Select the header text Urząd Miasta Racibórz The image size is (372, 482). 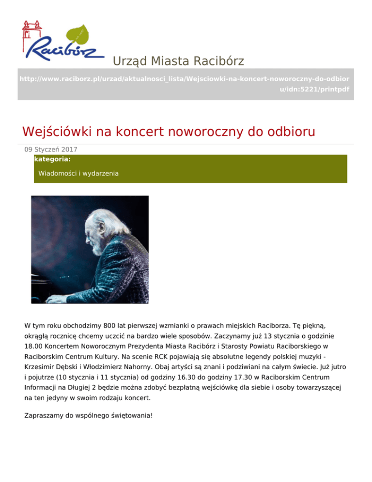coord(178,61)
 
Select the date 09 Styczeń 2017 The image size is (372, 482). coord(51,150)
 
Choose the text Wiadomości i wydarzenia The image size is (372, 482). coord(78,173)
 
